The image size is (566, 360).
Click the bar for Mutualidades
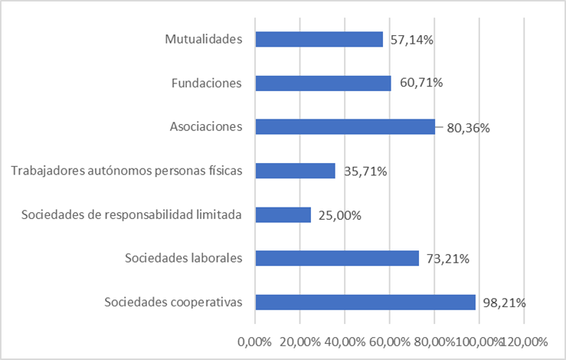click(319, 39)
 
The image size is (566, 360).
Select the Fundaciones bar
click(323, 83)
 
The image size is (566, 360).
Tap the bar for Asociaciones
click(345, 126)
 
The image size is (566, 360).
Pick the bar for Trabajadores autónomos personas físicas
click(295, 171)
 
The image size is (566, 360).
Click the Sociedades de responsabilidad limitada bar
click(283, 214)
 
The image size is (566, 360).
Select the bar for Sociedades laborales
click(337, 258)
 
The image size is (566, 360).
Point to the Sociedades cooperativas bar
click(365, 302)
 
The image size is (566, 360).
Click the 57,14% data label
click(411, 40)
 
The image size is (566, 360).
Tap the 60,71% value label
click(419, 83)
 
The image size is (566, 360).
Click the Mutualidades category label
click(204, 39)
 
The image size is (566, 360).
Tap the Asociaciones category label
click(206, 126)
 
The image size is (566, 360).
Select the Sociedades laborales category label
click(184, 258)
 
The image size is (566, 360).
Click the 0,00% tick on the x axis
click(255, 341)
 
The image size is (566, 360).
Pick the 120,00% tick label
click(525, 341)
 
